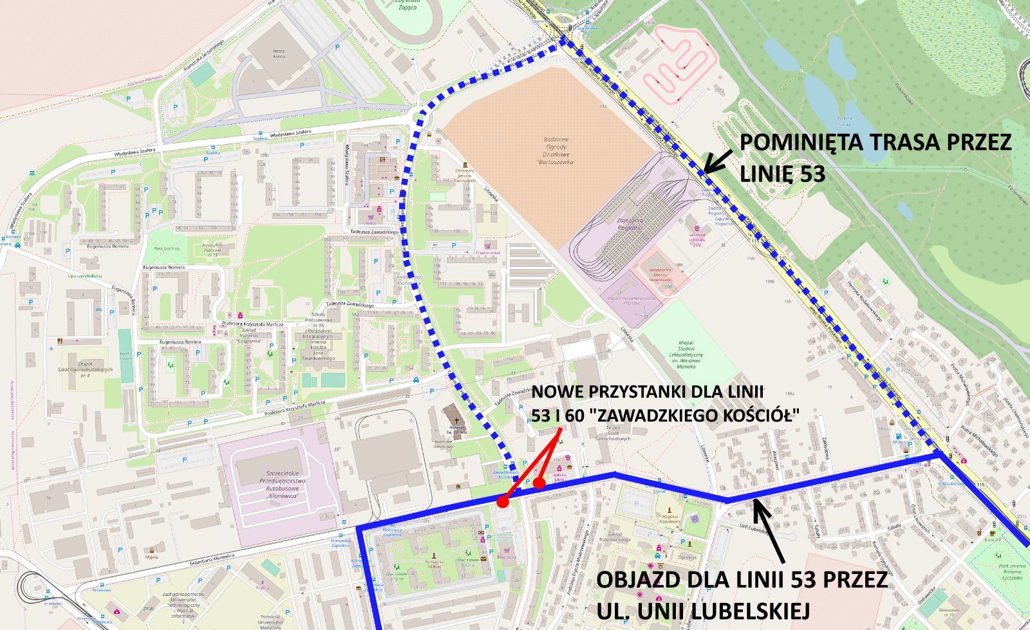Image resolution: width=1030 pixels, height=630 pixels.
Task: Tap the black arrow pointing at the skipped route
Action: pos(718,162)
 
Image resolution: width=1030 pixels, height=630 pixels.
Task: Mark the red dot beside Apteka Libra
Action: pos(539,482)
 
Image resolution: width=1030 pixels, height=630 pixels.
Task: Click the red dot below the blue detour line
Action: pos(503,502)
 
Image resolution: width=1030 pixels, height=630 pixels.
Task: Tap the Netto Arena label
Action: pos(278,53)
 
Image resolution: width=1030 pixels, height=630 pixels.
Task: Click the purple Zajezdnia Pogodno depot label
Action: pos(630,223)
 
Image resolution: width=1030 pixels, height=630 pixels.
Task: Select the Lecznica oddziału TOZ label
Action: pos(697,239)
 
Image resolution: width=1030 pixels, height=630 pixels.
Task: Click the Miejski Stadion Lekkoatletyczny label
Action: pos(686,355)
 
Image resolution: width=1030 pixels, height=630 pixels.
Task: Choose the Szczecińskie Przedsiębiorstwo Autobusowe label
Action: pos(285,485)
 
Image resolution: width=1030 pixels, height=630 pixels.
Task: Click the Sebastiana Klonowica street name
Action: pos(212,559)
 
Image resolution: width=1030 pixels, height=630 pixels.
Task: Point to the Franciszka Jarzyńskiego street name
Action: pos(203,55)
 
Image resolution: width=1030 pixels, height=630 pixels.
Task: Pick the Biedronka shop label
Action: pos(507,557)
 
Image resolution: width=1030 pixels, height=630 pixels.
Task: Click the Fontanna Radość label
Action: pos(434,564)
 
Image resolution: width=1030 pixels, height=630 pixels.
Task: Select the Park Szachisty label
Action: pos(167,248)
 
